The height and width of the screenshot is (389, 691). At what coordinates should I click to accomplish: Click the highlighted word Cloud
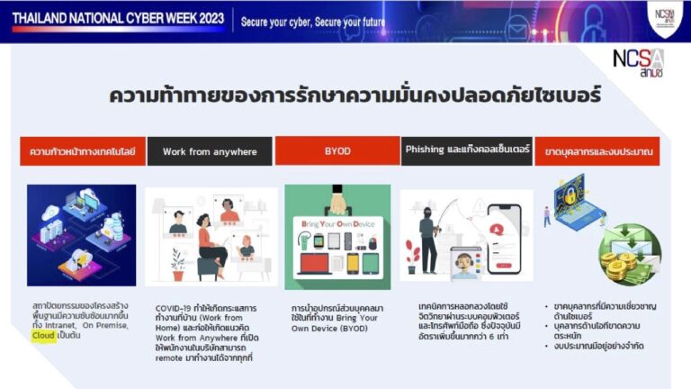(44, 336)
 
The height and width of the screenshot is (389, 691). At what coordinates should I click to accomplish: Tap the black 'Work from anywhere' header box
(209, 151)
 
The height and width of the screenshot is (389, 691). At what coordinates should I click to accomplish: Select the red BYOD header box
(337, 151)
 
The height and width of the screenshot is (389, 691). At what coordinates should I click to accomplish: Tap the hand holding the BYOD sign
(337, 201)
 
